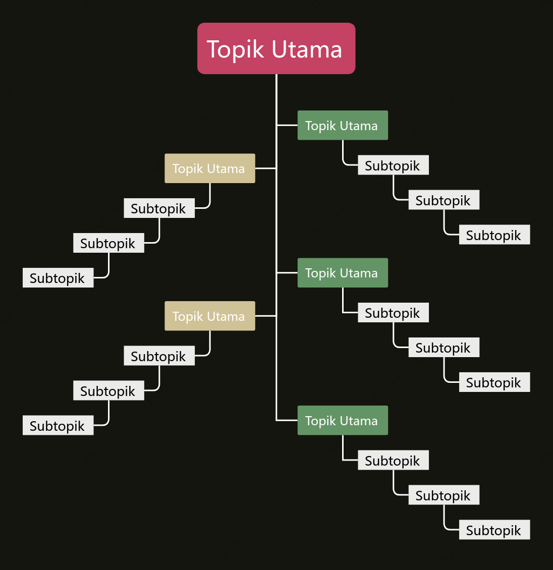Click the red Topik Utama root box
click(x=276, y=48)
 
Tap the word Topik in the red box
click(x=235, y=49)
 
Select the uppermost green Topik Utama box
click(x=343, y=125)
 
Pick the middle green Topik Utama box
click(x=343, y=272)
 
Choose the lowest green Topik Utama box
click(x=343, y=420)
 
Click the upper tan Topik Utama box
click(x=210, y=168)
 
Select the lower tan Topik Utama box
click(x=210, y=316)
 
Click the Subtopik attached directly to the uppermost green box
click(x=393, y=165)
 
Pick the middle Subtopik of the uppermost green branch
click(x=444, y=200)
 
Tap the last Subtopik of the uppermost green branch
click(x=494, y=235)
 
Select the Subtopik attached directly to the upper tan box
click(x=159, y=208)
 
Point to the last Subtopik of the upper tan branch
click(x=58, y=278)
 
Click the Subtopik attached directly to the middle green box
click(x=393, y=312)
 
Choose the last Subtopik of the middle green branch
click(x=494, y=382)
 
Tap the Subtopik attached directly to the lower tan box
click(x=159, y=356)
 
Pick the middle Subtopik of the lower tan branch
click(x=108, y=390)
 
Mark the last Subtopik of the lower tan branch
click(x=58, y=425)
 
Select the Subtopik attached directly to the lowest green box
click(x=393, y=460)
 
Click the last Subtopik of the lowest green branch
click(x=494, y=530)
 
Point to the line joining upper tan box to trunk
click(x=266, y=168)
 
